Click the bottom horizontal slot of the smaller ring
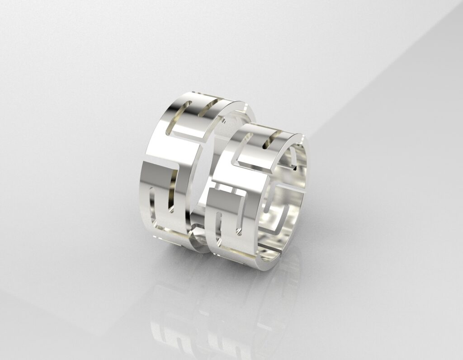tap(235, 251)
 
